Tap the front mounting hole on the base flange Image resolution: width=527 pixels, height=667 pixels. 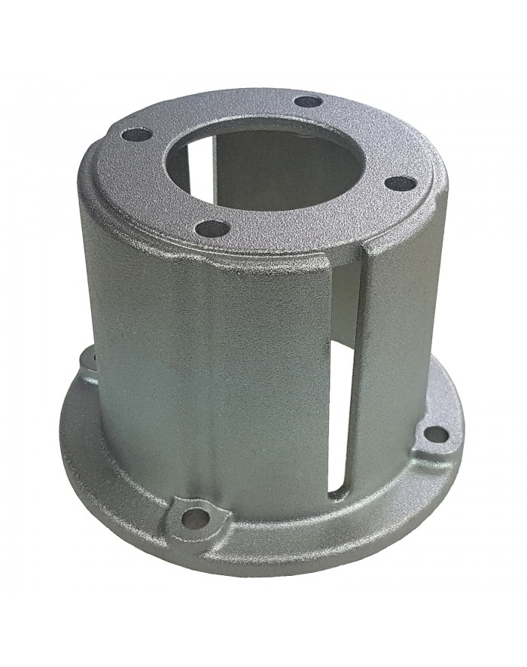(197, 517)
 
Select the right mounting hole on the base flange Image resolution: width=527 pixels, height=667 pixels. (435, 434)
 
